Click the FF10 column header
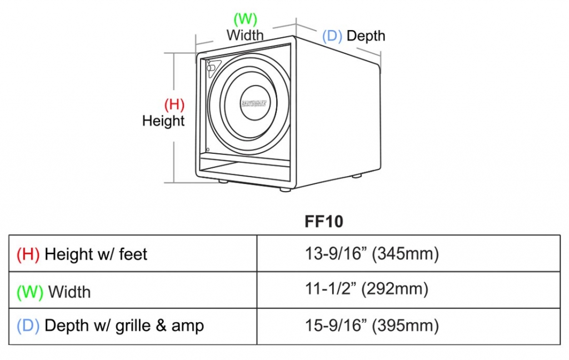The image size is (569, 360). (324, 222)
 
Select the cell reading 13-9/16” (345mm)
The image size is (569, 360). (372, 254)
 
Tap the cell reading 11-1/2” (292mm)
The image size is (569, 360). (366, 289)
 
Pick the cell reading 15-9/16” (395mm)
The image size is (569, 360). (372, 325)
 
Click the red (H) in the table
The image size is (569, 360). (28, 254)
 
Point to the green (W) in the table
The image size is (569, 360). (30, 292)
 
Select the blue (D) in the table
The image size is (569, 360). (28, 326)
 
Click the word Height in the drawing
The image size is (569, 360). (163, 121)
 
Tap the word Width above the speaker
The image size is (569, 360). (245, 35)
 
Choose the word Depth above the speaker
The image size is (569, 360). (366, 36)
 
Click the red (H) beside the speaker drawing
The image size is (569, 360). (174, 104)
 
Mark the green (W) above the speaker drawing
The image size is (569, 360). (245, 19)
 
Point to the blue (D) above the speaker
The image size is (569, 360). (332, 36)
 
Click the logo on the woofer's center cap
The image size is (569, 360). (254, 102)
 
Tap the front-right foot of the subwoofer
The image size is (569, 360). (284, 189)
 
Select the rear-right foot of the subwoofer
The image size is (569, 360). (356, 176)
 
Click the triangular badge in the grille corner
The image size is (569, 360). (213, 67)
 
